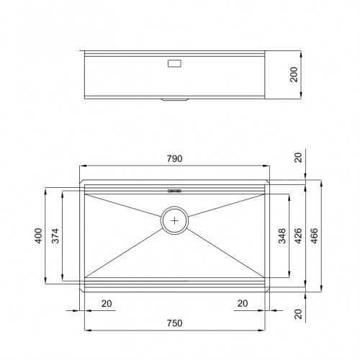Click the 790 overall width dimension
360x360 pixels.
[174, 158]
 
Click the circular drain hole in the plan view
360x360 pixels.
[175, 220]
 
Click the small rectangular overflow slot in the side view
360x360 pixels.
[175, 63]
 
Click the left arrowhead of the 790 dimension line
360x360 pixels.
[81, 165]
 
